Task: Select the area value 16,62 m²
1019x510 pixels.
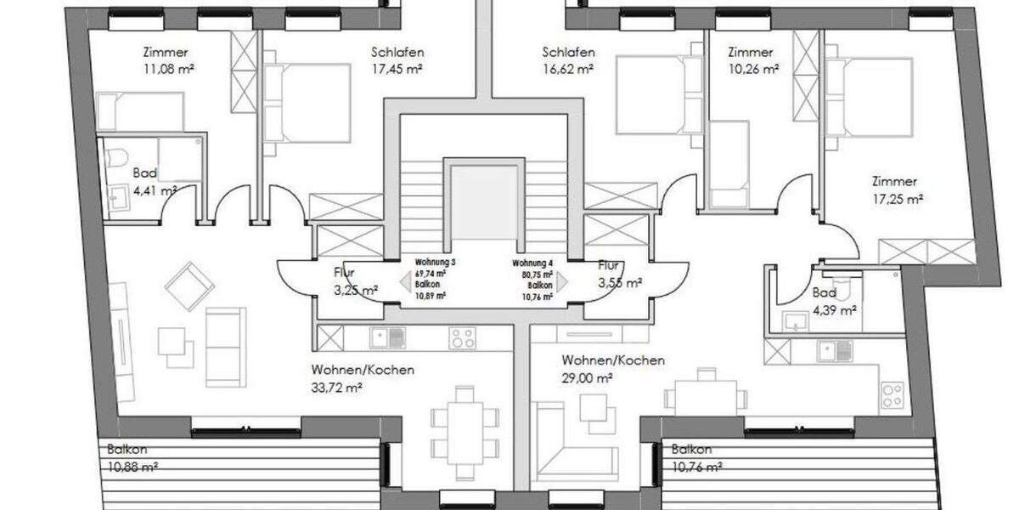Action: coord(567,68)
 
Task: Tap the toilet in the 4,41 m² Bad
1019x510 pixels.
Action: coord(118,157)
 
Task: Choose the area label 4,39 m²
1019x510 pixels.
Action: coord(834,309)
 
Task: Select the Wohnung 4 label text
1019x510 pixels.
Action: coord(532,263)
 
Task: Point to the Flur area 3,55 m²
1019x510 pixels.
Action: coord(619,283)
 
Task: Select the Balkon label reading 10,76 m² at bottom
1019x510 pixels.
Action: coord(696,467)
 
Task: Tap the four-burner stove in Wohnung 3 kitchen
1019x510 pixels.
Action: coord(462,337)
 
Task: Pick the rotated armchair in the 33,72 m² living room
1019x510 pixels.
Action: coord(189,285)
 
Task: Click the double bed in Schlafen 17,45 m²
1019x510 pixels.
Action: coord(307,103)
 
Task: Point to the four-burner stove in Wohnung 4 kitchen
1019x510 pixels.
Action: coord(892,394)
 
